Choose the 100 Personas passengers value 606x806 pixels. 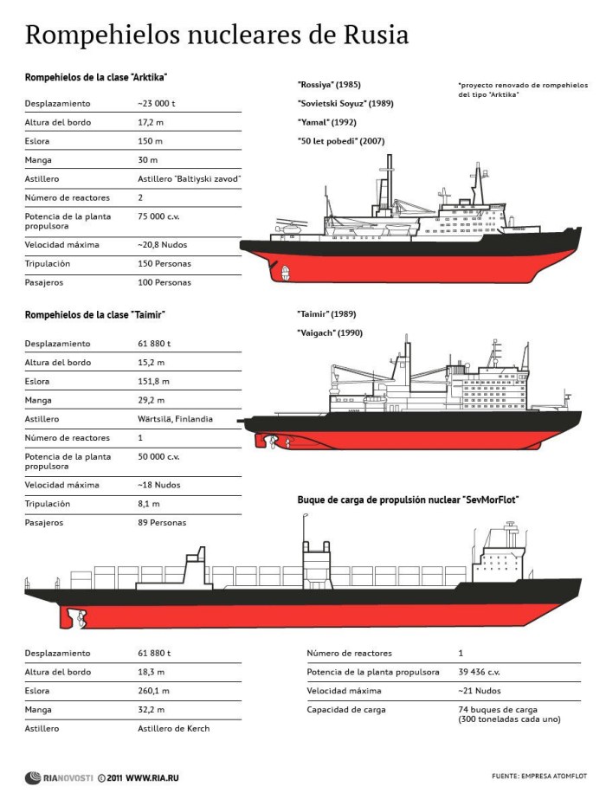click(x=164, y=282)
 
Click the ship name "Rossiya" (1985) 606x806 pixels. click(x=329, y=85)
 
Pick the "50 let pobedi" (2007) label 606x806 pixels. click(x=341, y=141)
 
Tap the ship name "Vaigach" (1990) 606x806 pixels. click(x=330, y=332)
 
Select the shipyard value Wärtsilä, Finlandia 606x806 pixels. click(x=175, y=419)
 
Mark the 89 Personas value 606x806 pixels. click(x=162, y=523)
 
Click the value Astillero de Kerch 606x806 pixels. click(x=173, y=728)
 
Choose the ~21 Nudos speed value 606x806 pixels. click(x=480, y=691)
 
